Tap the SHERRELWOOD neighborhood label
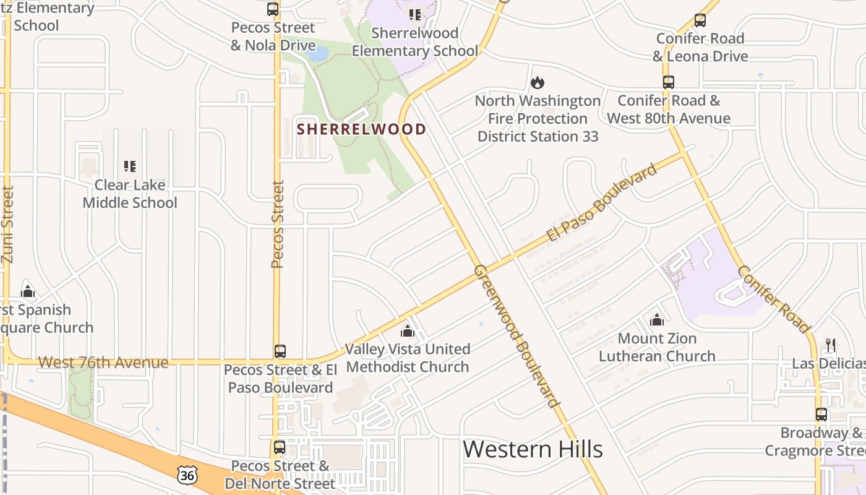pyautogui.click(x=362, y=129)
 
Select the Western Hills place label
pyautogui.click(x=533, y=449)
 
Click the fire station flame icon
pyautogui.click(x=538, y=82)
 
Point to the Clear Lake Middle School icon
pyautogui.click(x=130, y=166)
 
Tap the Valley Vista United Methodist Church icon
pyautogui.click(x=408, y=331)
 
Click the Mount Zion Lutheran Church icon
pyautogui.click(x=657, y=320)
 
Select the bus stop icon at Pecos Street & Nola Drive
pyautogui.click(x=273, y=9)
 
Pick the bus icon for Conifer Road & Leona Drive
pyautogui.click(x=700, y=20)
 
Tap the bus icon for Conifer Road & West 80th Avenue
pyautogui.click(x=669, y=82)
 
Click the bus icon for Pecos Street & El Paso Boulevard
pyautogui.click(x=280, y=351)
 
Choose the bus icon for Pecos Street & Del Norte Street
pyautogui.click(x=280, y=447)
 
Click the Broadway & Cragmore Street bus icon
pyautogui.click(x=821, y=415)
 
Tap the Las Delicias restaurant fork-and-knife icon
pyautogui.click(x=831, y=345)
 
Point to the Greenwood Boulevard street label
pyautogui.click(x=516, y=336)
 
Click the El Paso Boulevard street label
pyautogui.click(x=601, y=203)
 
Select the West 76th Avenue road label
pyautogui.click(x=103, y=362)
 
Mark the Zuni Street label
pyautogui.click(x=7, y=225)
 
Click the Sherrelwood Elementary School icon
pyautogui.click(x=415, y=14)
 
